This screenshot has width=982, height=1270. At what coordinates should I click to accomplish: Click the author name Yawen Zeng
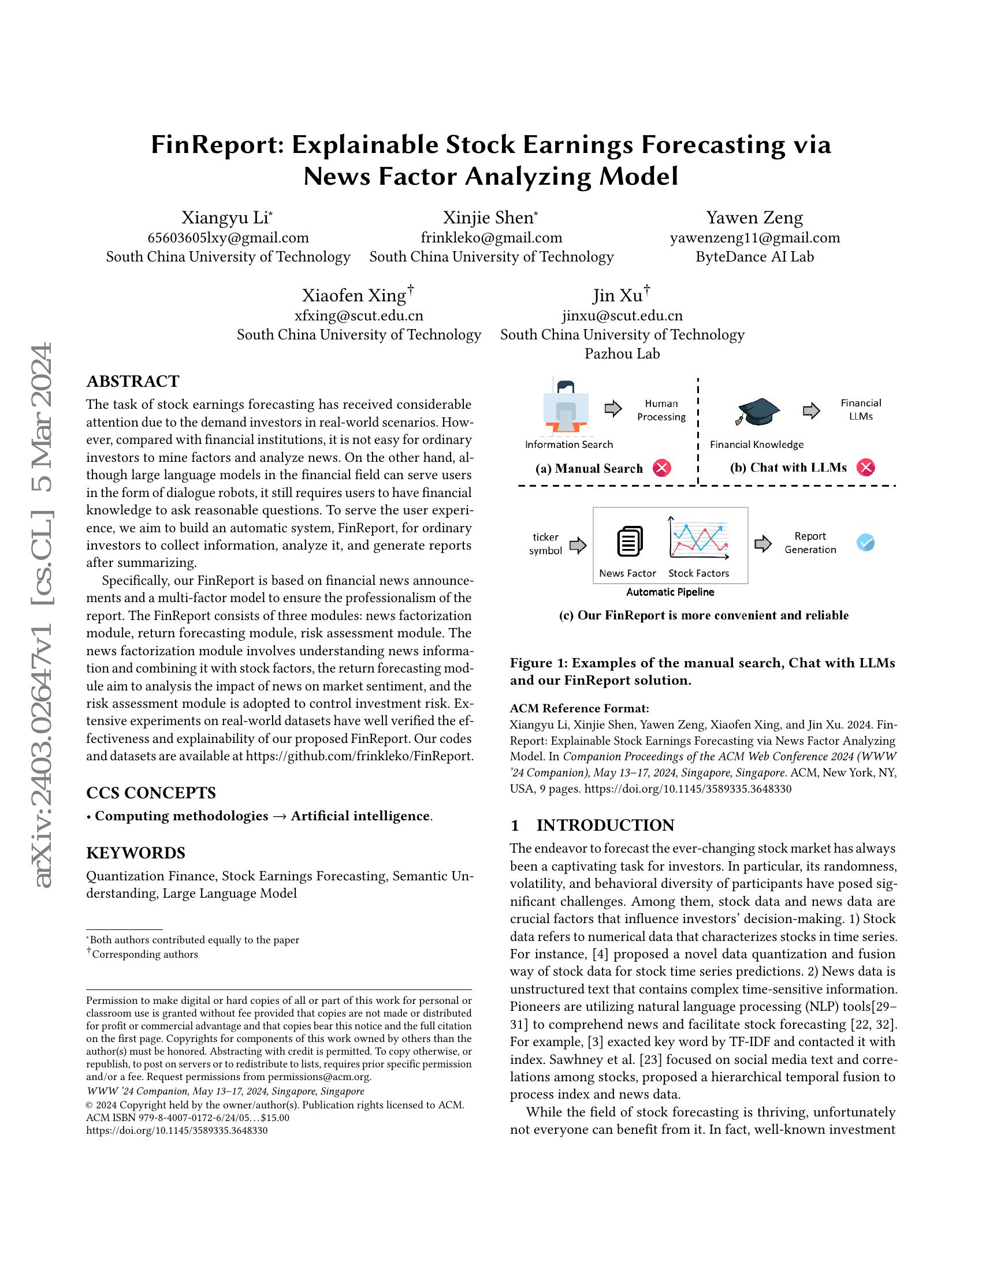pyautogui.click(x=754, y=218)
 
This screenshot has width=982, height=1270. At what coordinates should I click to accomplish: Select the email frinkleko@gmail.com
pyautogui.click(x=491, y=237)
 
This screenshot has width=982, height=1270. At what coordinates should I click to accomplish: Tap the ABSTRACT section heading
pyautogui.click(x=133, y=382)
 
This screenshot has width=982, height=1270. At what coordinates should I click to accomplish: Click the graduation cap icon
pyautogui.click(x=757, y=411)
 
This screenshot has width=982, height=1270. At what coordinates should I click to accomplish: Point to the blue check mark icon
pyautogui.click(x=865, y=543)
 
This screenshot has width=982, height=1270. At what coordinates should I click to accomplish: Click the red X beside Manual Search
pyautogui.click(x=662, y=468)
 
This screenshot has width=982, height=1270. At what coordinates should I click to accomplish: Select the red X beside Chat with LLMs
pyautogui.click(x=866, y=467)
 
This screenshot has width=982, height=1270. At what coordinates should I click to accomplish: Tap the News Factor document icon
pyautogui.click(x=630, y=541)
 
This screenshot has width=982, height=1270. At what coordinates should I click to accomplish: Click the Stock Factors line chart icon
pyautogui.click(x=698, y=539)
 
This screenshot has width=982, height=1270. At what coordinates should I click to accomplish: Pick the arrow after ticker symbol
pyautogui.click(x=578, y=545)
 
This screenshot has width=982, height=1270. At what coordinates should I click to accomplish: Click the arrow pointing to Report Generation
pyautogui.click(x=762, y=544)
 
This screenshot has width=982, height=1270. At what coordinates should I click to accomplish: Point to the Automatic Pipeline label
pyautogui.click(x=669, y=592)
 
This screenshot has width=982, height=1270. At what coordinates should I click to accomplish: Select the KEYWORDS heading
pyautogui.click(x=136, y=853)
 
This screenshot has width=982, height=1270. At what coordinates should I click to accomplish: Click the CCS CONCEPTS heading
pyautogui.click(x=151, y=793)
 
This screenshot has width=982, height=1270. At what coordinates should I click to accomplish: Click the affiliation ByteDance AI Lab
pyautogui.click(x=754, y=256)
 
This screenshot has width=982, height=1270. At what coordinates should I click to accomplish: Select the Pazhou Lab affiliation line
pyautogui.click(x=622, y=353)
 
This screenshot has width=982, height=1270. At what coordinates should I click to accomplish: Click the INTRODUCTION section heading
pyautogui.click(x=604, y=825)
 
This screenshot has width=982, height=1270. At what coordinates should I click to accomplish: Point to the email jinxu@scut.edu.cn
pyautogui.click(x=622, y=315)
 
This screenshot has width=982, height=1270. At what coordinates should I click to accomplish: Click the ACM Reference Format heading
pyautogui.click(x=579, y=708)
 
